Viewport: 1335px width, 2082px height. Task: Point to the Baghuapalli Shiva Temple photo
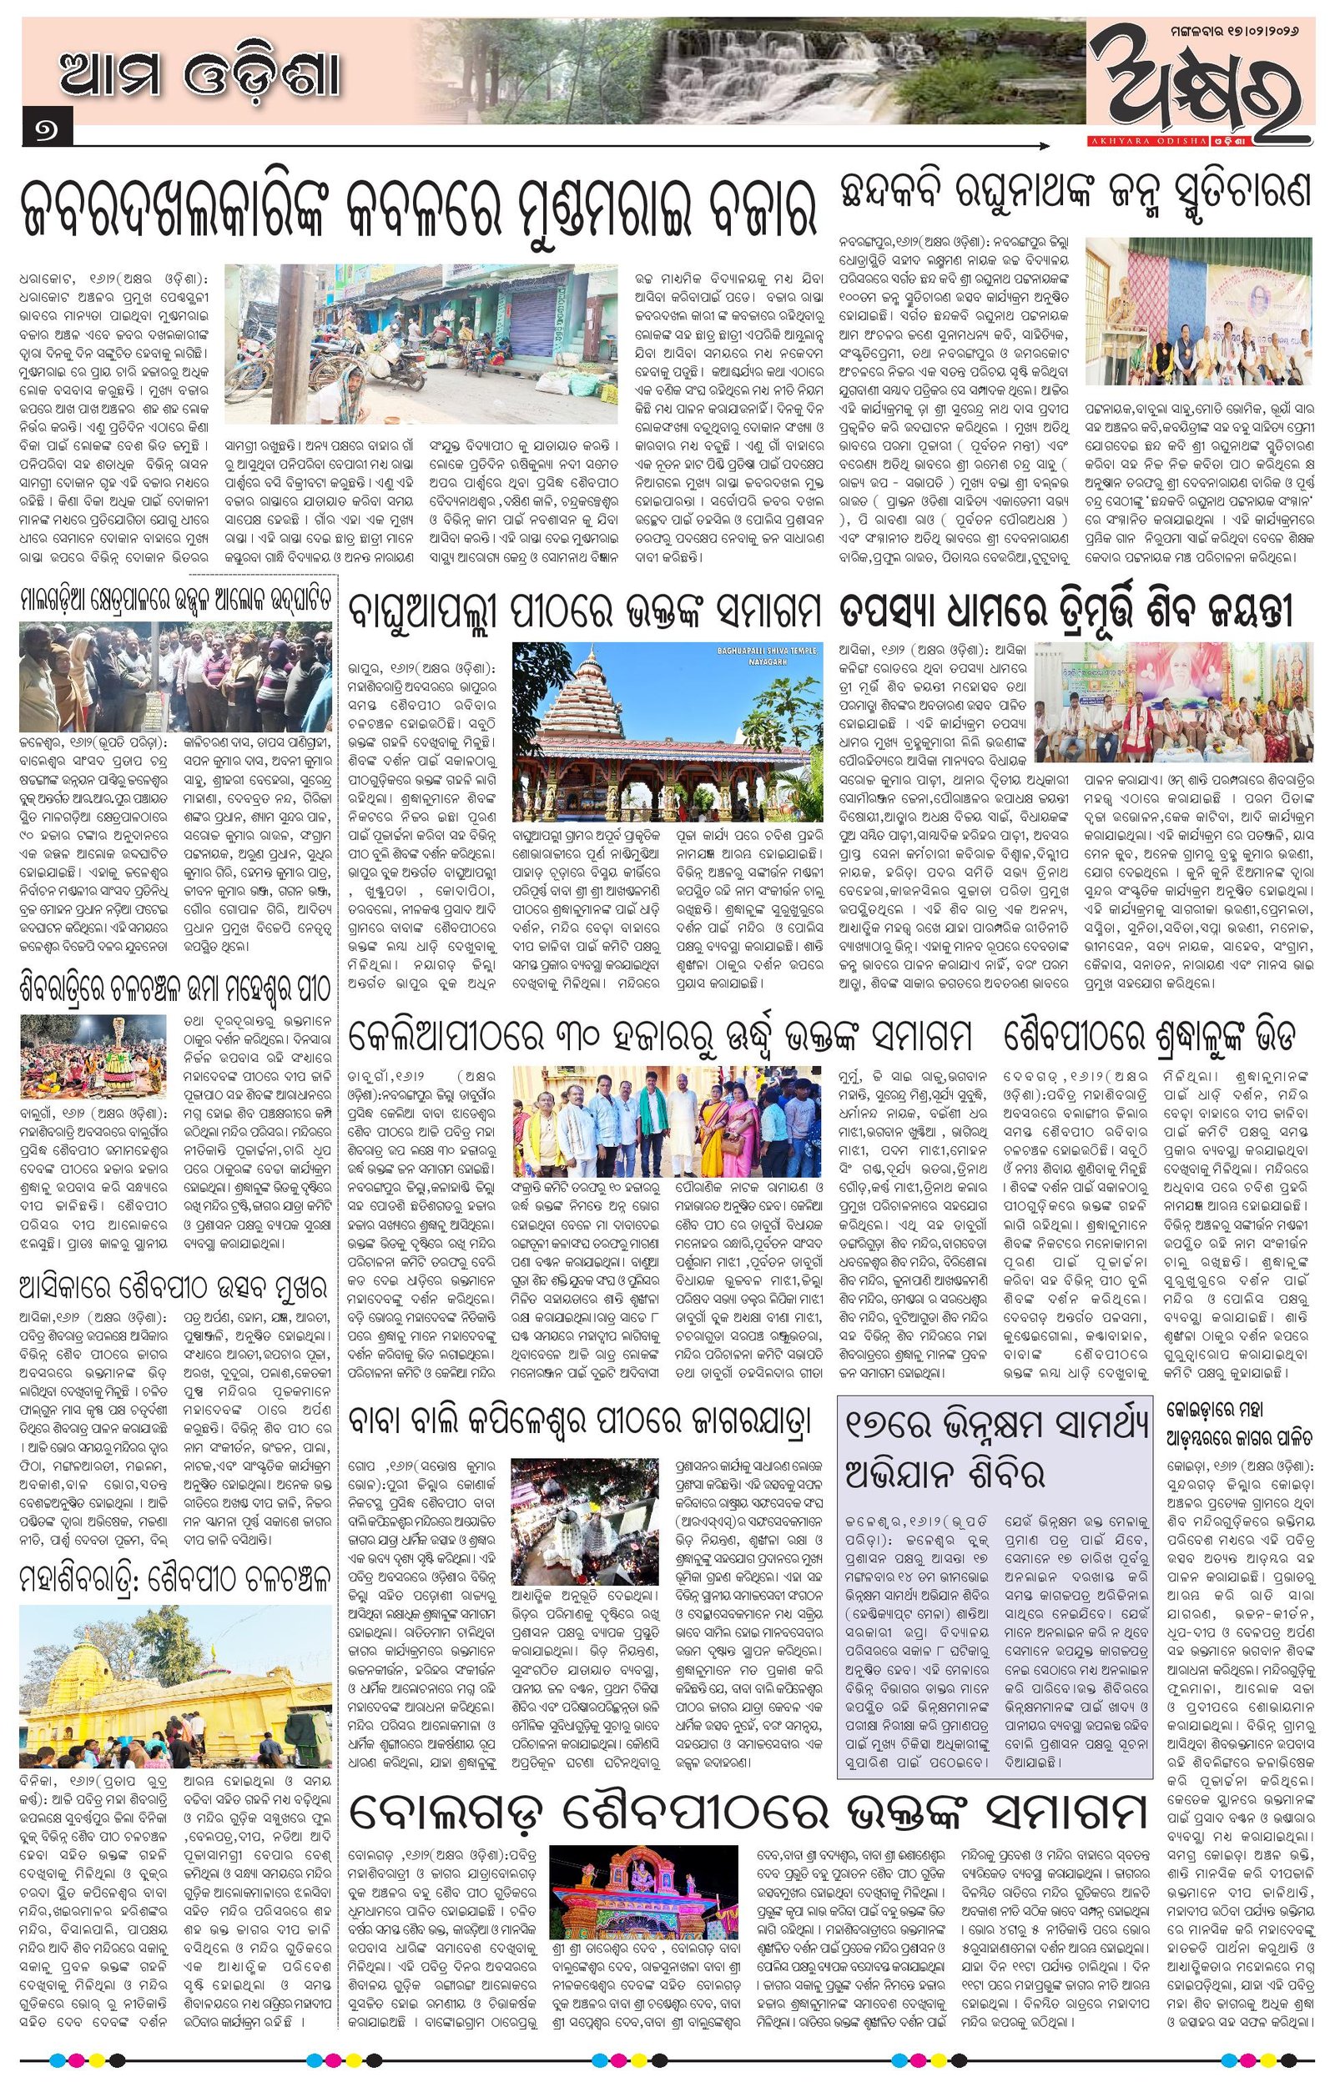click(x=666, y=731)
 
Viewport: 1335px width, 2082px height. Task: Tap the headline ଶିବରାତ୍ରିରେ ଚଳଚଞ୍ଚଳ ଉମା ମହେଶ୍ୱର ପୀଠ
click(x=176, y=988)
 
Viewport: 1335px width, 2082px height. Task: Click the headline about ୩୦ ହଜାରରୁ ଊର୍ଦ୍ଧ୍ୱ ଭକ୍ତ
click(x=660, y=1036)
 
